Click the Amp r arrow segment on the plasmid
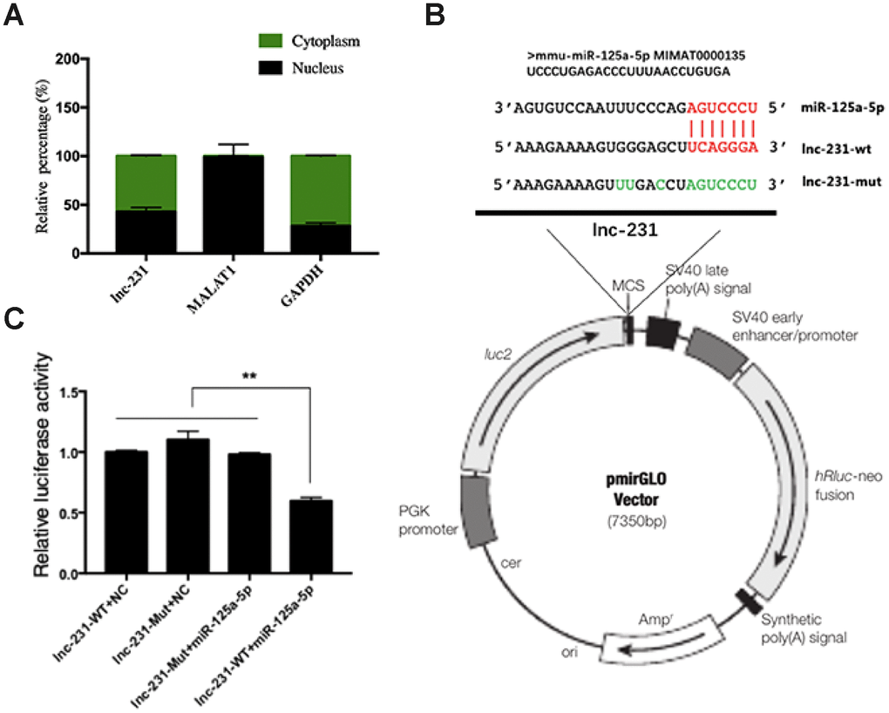pos(645,641)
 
